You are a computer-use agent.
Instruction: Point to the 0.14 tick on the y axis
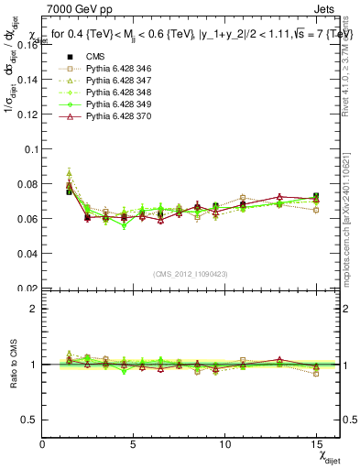click(x=27, y=79)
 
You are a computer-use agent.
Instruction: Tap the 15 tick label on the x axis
click(x=315, y=444)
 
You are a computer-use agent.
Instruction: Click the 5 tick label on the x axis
click(x=134, y=444)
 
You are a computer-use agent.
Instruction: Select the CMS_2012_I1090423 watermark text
click(x=191, y=273)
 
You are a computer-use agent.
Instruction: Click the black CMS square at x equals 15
click(x=315, y=197)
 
